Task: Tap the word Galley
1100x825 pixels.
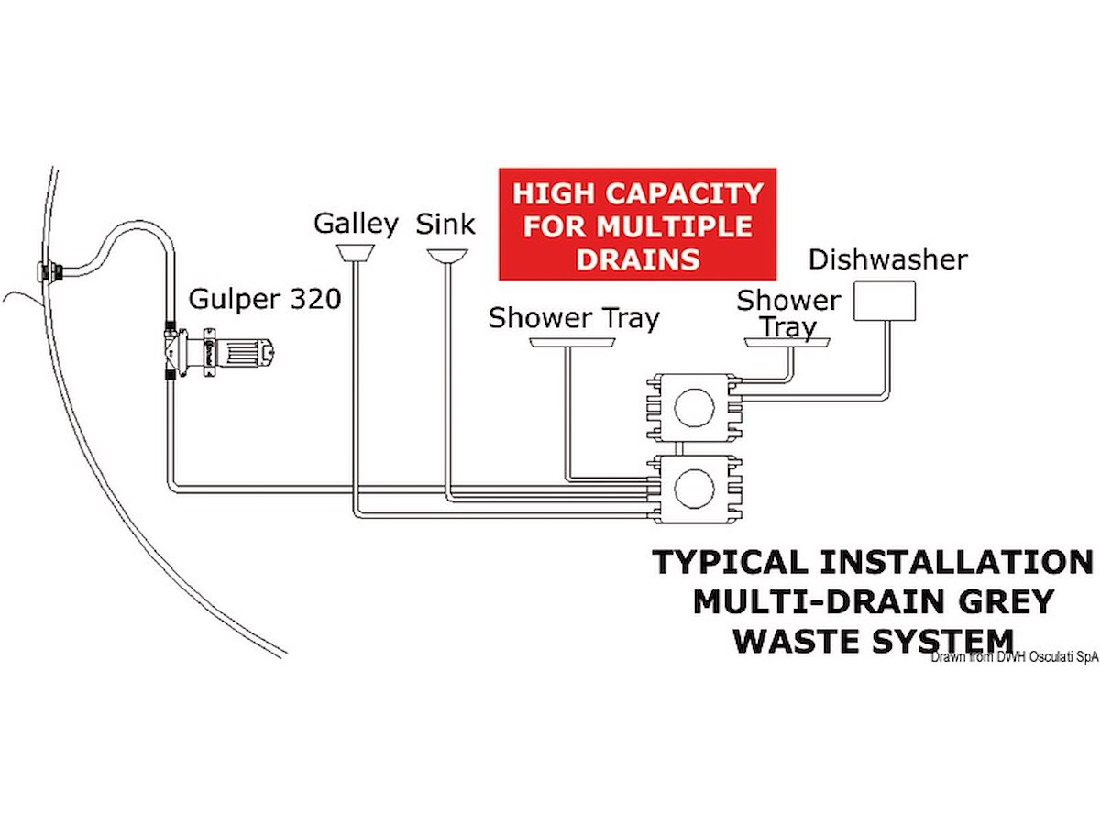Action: click(x=356, y=224)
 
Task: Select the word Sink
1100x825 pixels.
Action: click(x=446, y=224)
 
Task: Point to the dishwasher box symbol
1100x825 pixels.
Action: click(x=885, y=301)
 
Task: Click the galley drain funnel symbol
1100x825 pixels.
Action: click(x=355, y=252)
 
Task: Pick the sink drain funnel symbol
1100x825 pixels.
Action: click(x=446, y=254)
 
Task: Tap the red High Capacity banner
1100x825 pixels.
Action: click(x=637, y=225)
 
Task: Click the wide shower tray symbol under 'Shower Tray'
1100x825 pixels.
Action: click(x=573, y=344)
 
